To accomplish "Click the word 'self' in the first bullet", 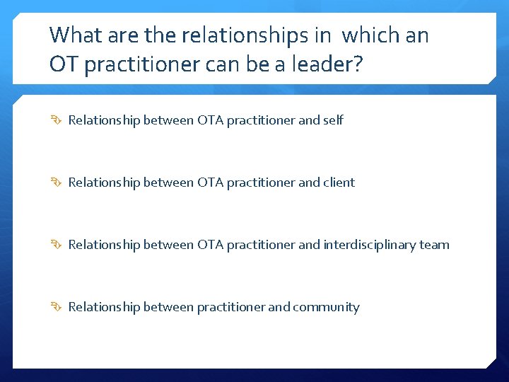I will [x=333, y=120].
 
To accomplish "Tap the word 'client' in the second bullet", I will [x=339, y=183].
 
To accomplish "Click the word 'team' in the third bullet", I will [x=435, y=245].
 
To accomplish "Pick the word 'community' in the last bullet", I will [x=326, y=307].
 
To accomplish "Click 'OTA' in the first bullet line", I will [x=210, y=120].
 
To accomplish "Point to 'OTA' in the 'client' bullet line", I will [x=210, y=183].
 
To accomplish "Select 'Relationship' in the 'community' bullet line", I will [x=104, y=307].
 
